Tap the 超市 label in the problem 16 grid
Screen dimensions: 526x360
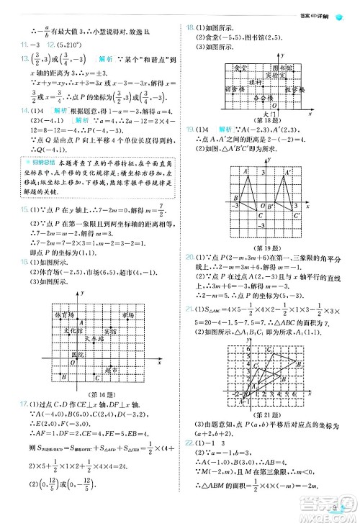[x=110, y=369]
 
